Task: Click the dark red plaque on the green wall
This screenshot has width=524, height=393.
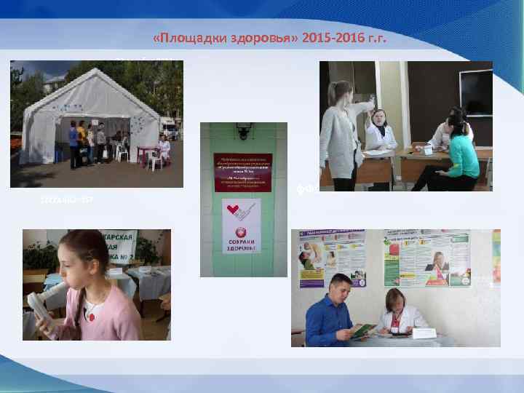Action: (x=242, y=172)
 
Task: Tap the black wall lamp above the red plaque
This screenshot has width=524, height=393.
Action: (x=242, y=131)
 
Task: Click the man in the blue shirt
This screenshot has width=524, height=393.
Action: (x=330, y=314)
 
